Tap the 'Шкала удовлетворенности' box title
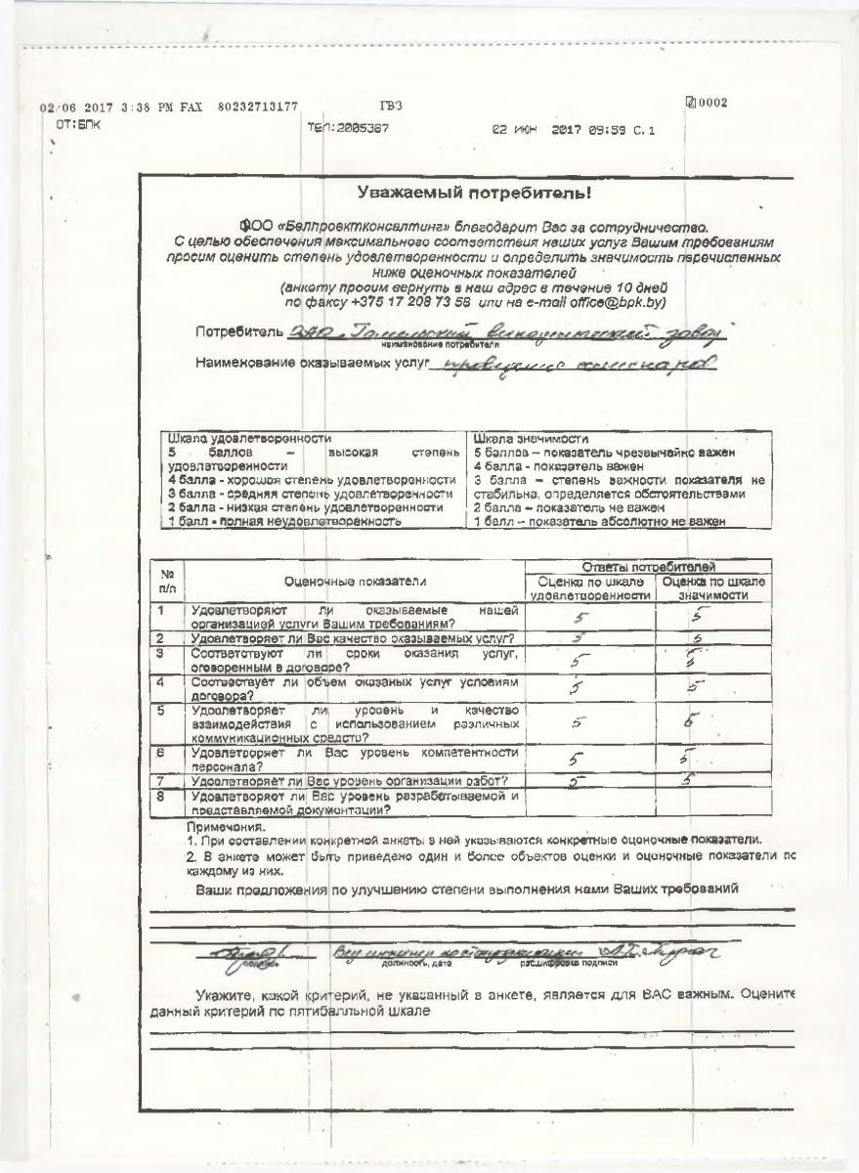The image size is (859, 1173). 250,439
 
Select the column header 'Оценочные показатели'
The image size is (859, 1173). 355,581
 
